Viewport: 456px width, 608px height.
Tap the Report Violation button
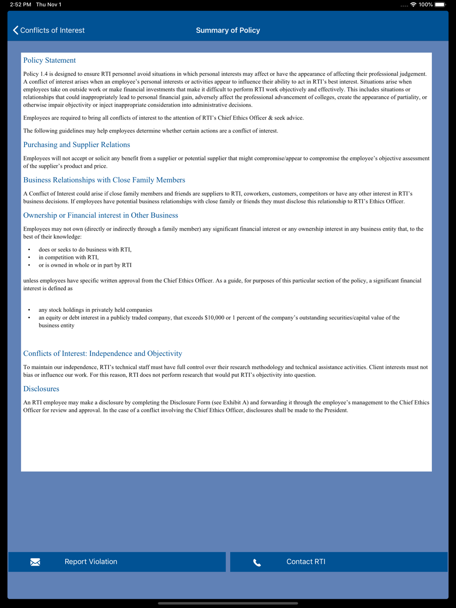click(x=117, y=562)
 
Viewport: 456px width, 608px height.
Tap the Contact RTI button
click(x=338, y=562)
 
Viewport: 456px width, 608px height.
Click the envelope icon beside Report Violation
click(x=35, y=562)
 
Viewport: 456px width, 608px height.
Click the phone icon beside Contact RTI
click(x=257, y=562)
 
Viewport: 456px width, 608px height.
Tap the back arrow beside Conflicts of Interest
click(x=16, y=30)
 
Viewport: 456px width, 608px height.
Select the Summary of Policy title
click(x=228, y=30)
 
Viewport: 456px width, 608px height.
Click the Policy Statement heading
click(x=49, y=60)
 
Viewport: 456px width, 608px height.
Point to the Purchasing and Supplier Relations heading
click(x=77, y=144)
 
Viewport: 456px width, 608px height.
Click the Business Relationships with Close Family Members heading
click(x=104, y=180)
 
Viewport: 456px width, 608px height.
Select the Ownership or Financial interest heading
click(x=101, y=215)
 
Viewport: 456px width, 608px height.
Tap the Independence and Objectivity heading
click(x=103, y=353)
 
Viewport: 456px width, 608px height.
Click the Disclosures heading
click(x=41, y=389)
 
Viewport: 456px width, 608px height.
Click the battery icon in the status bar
click(x=440, y=5)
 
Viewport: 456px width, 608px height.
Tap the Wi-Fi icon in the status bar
click(x=413, y=5)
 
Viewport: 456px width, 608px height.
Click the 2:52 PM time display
click(x=21, y=5)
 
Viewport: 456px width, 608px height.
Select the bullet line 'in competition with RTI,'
click(x=68, y=257)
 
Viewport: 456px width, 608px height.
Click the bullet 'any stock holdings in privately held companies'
click(x=95, y=310)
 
